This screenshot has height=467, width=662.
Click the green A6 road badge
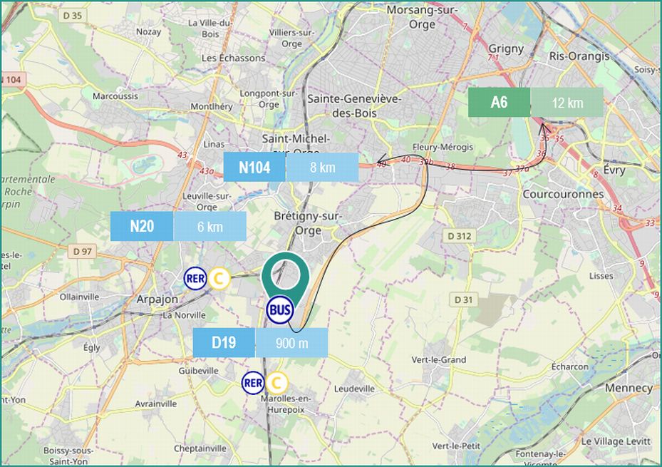499,103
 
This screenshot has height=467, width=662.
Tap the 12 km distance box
567,103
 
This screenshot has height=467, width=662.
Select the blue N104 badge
254,168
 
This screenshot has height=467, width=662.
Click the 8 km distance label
322,168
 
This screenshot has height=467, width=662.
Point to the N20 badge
142,227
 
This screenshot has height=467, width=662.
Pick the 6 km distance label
210,227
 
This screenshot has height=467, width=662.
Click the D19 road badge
224,343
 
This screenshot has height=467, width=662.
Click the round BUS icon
279,310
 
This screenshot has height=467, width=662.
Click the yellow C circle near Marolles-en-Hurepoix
276,383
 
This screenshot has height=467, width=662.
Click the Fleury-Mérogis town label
443,147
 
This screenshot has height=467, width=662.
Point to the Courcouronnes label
563,194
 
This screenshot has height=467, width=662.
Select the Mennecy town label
629,388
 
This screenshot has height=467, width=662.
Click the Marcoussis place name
110,95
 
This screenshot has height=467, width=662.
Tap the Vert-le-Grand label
439,360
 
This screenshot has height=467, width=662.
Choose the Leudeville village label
354,389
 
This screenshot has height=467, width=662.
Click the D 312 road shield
460,236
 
